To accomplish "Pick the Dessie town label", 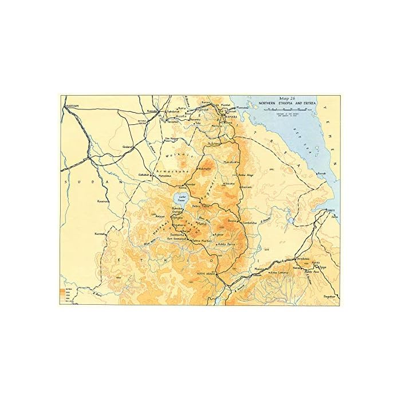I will [x=231, y=221].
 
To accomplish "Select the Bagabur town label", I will [x=328, y=296].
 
